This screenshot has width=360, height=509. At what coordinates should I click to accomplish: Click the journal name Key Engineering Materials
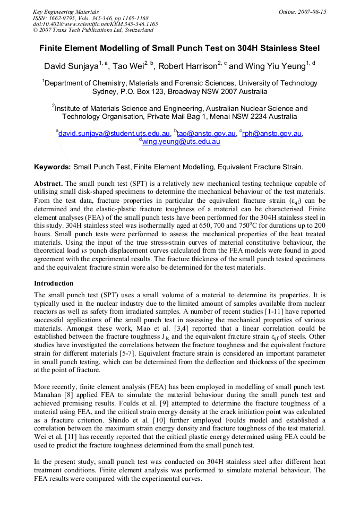point(66,12)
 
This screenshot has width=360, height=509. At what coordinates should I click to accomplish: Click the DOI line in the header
point(95,24)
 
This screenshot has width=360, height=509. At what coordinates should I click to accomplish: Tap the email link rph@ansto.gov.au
point(272,134)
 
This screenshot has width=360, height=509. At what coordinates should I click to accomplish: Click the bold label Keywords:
point(52,167)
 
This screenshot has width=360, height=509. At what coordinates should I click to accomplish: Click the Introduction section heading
point(54,283)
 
